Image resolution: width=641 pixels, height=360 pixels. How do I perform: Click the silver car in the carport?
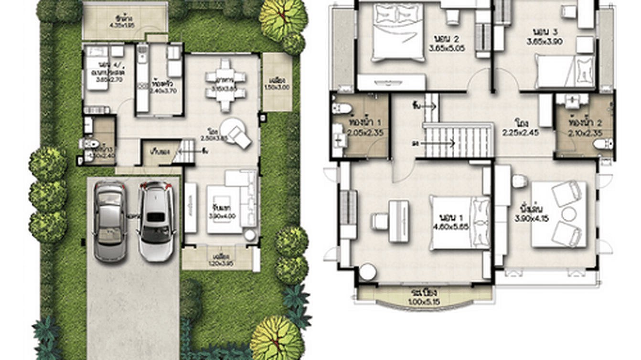[109, 221]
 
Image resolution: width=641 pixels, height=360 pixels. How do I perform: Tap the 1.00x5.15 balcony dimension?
[424, 302]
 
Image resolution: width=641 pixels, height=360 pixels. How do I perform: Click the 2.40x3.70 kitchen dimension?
[159, 90]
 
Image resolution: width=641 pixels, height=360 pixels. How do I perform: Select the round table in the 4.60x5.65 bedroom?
[368, 272]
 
